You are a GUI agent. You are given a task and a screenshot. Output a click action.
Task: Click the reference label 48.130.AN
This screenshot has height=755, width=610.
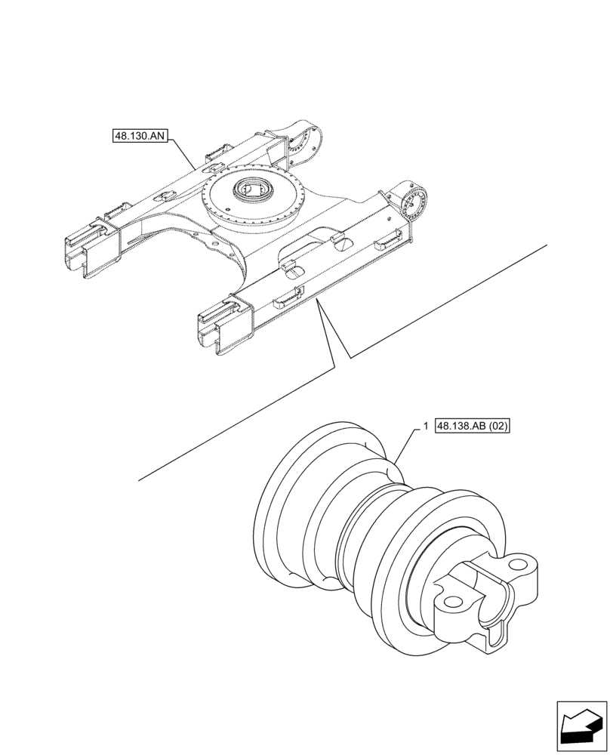(x=140, y=137)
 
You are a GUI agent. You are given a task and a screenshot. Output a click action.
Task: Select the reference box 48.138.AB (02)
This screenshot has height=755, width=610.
(x=473, y=427)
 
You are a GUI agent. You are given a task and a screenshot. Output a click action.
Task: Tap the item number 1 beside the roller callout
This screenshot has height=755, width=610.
(x=427, y=427)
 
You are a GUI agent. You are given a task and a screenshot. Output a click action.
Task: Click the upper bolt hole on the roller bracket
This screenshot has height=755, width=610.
(x=519, y=562)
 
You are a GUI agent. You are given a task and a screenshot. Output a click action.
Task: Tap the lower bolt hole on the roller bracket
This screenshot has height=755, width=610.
(x=452, y=602)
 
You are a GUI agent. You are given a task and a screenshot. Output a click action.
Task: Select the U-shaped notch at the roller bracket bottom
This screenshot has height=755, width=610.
(x=496, y=636)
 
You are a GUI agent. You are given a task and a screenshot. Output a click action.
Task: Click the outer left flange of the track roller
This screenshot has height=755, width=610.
(x=279, y=513)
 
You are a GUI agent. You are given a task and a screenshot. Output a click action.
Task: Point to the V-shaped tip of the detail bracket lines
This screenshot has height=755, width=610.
(x=348, y=356)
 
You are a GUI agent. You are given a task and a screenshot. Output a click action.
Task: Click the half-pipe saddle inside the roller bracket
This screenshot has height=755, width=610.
(x=483, y=596)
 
